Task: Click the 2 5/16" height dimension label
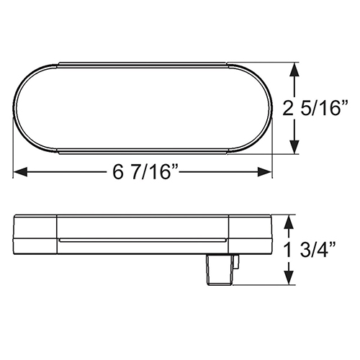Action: (x=315, y=108)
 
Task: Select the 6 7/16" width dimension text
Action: (x=145, y=172)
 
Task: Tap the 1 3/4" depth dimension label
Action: (x=310, y=251)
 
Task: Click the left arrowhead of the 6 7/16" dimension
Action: (x=21, y=172)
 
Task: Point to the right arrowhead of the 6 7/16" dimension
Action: (x=264, y=172)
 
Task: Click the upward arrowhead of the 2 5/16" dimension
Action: (x=294, y=70)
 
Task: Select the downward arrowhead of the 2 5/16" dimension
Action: (x=294, y=146)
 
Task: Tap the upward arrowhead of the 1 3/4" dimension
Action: (x=289, y=222)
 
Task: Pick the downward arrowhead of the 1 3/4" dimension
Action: (x=289, y=278)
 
